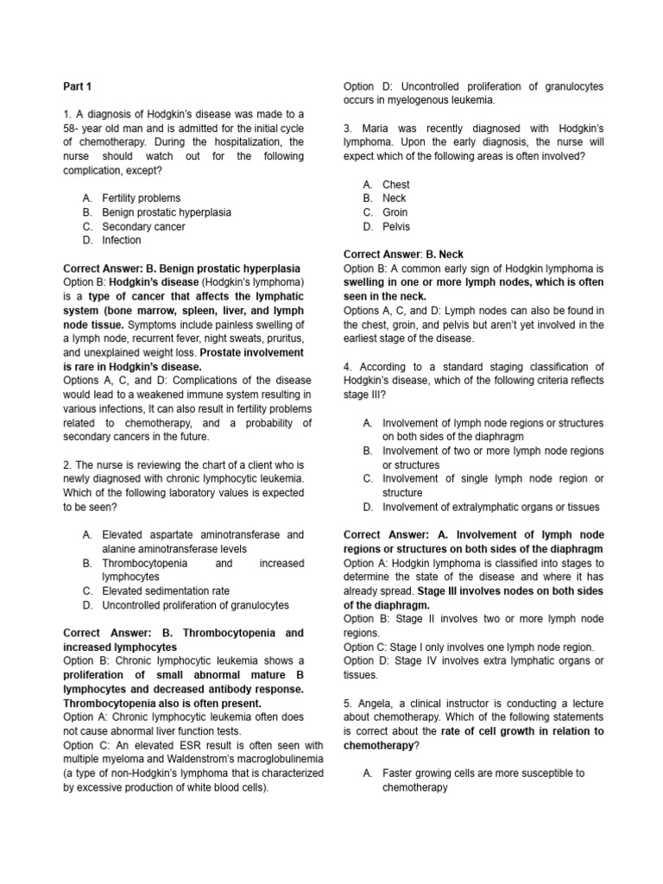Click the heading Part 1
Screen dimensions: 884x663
pyautogui.click(x=77, y=86)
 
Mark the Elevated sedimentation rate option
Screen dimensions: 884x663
pyautogui.click(x=166, y=590)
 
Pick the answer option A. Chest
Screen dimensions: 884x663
pyautogui.click(x=395, y=184)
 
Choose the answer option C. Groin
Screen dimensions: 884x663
pyautogui.click(x=395, y=212)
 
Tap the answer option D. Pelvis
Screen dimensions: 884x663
pyautogui.click(x=395, y=226)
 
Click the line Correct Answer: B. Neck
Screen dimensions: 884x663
pyautogui.click(x=403, y=255)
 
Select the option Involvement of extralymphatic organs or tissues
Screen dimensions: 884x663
pyautogui.click(x=490, y=507)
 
